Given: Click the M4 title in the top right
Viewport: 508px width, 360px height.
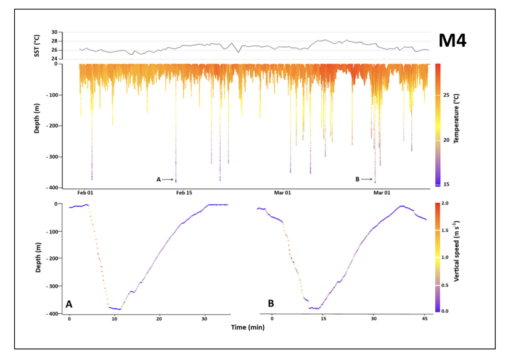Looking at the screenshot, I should tap(452, 41).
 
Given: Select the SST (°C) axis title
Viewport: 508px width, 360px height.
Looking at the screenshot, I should tap(37, 46).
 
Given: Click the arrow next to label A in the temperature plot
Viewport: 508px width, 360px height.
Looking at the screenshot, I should tap(168, 179).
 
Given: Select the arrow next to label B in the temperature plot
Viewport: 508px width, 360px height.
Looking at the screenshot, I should tap(367, 179).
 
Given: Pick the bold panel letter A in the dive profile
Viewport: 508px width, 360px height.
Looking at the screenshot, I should tap(69, 304).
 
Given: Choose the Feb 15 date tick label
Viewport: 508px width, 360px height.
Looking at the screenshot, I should tap(184, 193).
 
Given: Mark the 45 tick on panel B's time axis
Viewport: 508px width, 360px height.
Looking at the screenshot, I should tap(424, 319).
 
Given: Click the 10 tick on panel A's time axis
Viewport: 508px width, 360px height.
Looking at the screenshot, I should tap(115, 319).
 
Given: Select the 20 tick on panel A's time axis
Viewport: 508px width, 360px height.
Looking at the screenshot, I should tap(160, 319).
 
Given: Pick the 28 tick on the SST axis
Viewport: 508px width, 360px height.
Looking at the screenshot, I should tap(54, 41).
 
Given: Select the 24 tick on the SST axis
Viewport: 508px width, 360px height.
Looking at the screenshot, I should tap(54, 59).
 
